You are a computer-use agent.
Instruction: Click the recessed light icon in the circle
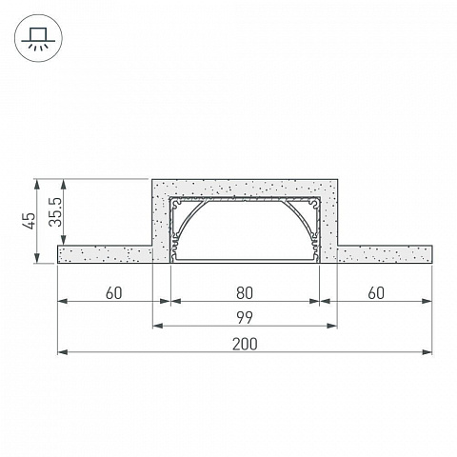click(38, 38)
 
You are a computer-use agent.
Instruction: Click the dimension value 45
click(30, 221)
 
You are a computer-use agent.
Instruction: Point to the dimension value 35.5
click(55, 212)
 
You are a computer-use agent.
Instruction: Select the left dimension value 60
click(113, 293)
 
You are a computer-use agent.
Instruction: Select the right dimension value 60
click(376, 293)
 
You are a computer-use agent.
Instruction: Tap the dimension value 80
click(245, 293)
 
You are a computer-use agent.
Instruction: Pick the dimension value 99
click(245, 318)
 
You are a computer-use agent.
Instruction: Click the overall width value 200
click(245, 344)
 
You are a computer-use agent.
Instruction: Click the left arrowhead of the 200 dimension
click(63, 352)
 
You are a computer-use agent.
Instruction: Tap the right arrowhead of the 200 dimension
click(427, 352)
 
